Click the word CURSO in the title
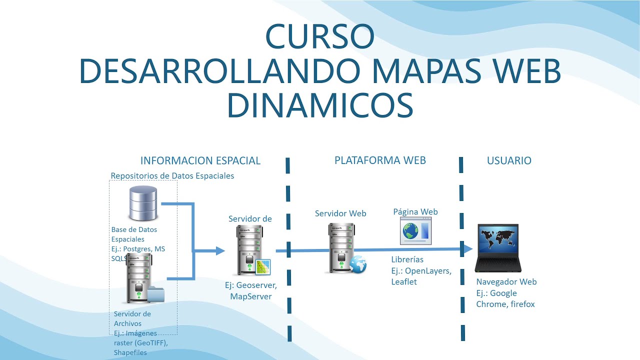[320, 36]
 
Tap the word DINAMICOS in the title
[320, 105]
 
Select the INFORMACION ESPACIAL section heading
[200, 160]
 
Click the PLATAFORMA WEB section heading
[380, 160]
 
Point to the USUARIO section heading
[509, 160]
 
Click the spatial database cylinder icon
[142, 203]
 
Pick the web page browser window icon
[415, 231]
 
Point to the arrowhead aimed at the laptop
[467, 248]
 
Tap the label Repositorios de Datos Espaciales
[172, 175]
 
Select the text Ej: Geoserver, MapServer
[250, 290]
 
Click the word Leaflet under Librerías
[404, 281]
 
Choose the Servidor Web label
[340, 213]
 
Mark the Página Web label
[415, 211]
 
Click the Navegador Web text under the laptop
[506, 281]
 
